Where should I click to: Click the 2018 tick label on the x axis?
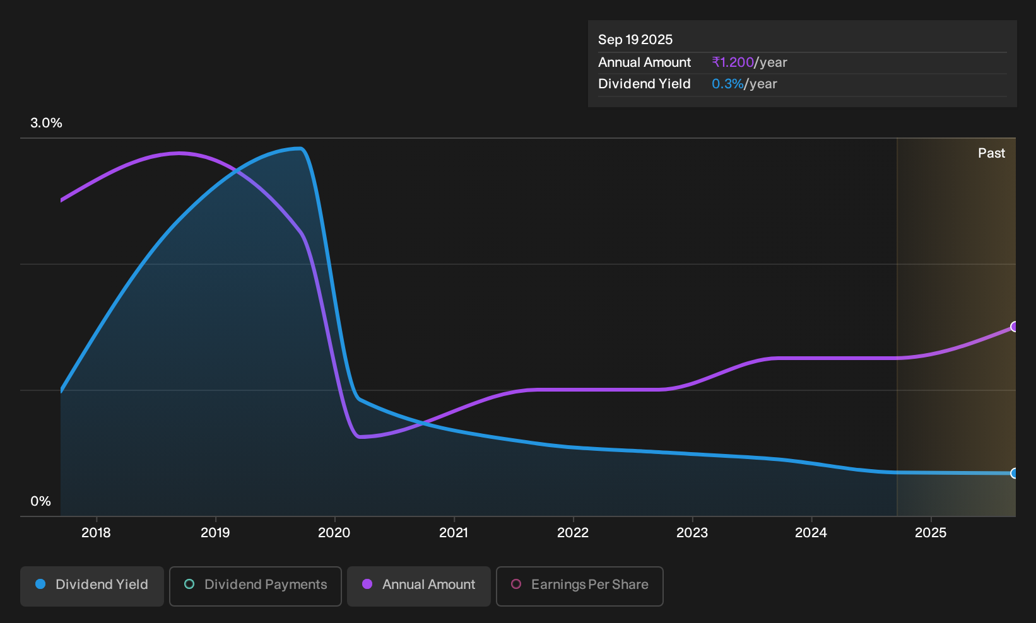96,533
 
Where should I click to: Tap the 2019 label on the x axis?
215,533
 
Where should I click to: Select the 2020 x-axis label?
334,533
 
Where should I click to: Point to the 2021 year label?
454,533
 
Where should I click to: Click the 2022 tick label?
573,533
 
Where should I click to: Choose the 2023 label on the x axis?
692,533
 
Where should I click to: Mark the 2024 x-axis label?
811,533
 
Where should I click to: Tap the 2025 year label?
931,533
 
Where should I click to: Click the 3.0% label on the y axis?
46,123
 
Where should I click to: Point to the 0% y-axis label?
41,501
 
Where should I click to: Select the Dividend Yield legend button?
92,586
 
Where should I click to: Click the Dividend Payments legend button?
256,586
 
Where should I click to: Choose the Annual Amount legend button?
418,586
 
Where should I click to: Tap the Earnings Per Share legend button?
579,586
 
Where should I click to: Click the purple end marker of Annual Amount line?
1015,327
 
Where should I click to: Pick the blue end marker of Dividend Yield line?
1015,474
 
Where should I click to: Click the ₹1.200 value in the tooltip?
733,62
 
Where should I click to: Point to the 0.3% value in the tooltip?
727,84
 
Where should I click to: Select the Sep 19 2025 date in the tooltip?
635,40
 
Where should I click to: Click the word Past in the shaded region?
992,153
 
